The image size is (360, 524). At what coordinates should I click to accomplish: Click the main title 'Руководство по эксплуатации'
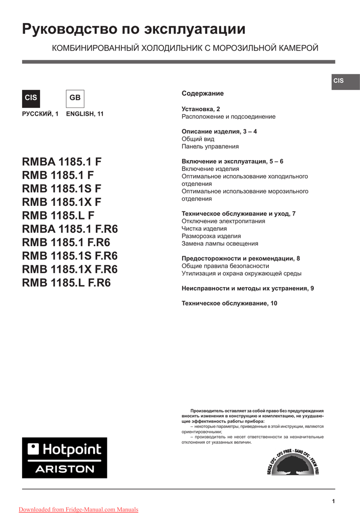(x=134, y=30)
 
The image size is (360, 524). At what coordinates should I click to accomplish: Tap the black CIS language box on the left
(x=31, y=98)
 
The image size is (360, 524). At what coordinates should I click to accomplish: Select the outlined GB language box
(x=75, y=98)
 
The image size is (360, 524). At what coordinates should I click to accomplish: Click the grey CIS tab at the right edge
(x=338, y=81)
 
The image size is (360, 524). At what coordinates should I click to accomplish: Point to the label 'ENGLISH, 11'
(x=84, y=114)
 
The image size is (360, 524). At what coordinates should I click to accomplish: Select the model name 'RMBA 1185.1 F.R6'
(x=70, y=229)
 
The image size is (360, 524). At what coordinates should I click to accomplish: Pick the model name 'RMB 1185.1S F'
(x=62, y=188)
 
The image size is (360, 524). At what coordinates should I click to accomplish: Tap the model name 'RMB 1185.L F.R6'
(x=67, y=282)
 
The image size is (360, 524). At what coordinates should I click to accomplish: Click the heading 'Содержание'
(x=203, y=94)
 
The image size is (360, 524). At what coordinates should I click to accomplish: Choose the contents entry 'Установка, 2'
(x=201, y=109)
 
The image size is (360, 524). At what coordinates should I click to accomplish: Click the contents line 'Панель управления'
(x=210, y=146)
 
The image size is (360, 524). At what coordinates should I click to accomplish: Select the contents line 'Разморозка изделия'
(x=211, y=236)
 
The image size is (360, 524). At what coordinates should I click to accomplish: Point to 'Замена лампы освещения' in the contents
(x=220, y=244)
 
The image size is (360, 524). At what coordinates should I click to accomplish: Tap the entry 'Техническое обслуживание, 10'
(x=229, y=303)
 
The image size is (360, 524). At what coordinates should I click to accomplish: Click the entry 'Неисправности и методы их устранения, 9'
(x=248, y=289)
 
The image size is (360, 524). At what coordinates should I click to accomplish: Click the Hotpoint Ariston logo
(x=65, y=457)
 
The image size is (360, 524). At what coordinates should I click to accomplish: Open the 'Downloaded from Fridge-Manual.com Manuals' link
(x=78, y=509)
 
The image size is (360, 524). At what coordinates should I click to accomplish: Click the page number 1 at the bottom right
(x=333, y=501)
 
